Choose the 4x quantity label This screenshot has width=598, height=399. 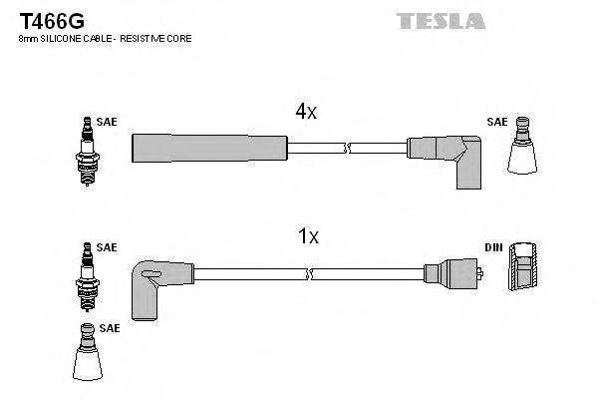tap(305, 113)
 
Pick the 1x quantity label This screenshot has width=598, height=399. tap(308, 236)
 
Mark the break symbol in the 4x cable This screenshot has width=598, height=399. tap(347, 149)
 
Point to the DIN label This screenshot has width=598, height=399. tap(495, 246)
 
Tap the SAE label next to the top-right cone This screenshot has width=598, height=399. tap(496, 122)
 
